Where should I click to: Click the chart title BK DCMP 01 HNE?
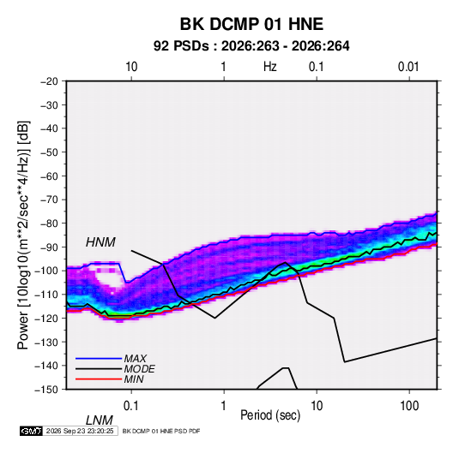tap(251, 24)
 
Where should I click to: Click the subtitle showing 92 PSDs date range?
tap(251, 46)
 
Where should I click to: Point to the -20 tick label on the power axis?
tap(49, 81)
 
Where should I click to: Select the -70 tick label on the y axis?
tap(49, 200)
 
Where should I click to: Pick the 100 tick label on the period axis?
tap(409, 406)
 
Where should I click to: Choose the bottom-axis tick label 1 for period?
tap(224, 406)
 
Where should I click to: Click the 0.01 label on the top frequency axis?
tap(408, 67)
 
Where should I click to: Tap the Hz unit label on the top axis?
tap(270, 67)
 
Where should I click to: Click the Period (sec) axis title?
tap(270, 415)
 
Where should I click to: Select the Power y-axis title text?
tap(23, 235)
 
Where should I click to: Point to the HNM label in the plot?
tap(100, 242)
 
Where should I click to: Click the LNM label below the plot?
tap(99, 420)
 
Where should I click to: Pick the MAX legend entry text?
tap(135, 359)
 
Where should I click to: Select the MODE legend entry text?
tap(139, 369)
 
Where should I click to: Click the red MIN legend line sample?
tap(99, 379)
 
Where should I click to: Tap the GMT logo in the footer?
tap(31, 431)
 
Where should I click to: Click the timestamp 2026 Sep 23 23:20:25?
tap(80, 431)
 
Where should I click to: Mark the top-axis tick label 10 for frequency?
tap(131, 67)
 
